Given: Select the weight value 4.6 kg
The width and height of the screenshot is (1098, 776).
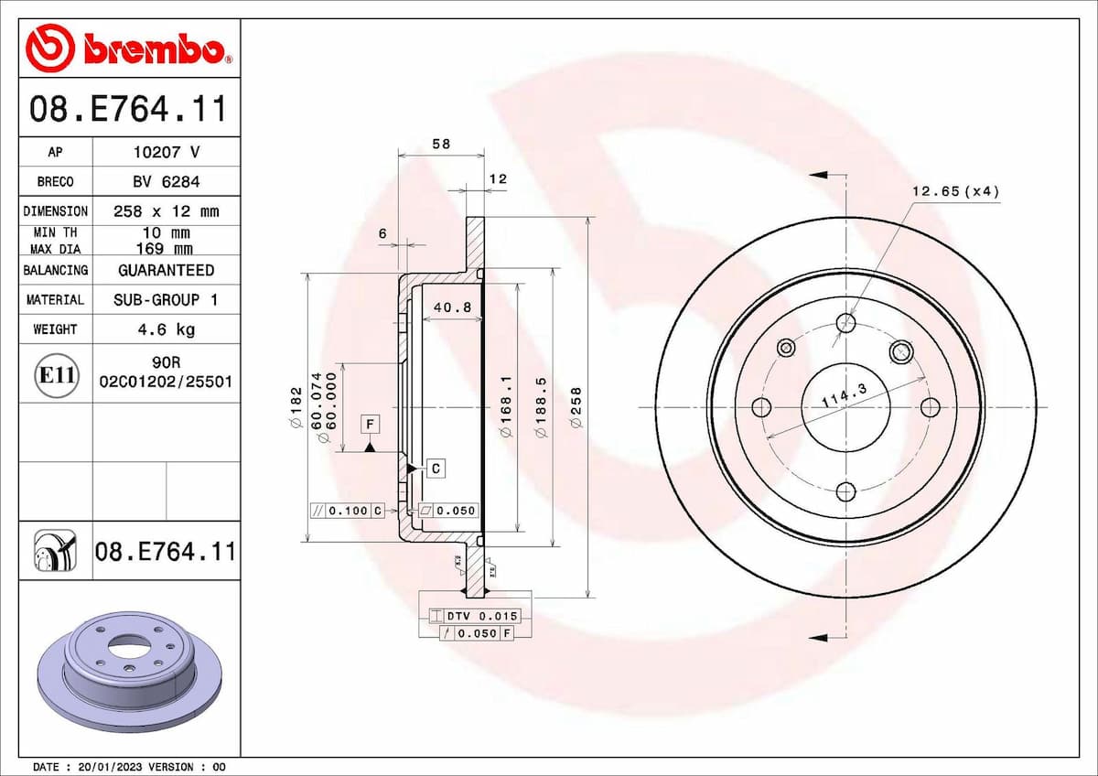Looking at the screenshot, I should pyautogui.click(x=166, y=329).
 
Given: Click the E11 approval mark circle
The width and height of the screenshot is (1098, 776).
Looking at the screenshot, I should pyautogui.click(x=56, y=373).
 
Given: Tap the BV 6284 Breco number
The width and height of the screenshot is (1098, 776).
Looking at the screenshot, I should pyautogui.click(x=166, y=181).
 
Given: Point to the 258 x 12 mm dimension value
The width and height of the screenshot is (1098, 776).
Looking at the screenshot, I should pyautogui.click(x=166, y=211).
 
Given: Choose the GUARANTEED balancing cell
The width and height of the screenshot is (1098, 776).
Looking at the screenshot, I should pyautogui.click(x=166, y=270).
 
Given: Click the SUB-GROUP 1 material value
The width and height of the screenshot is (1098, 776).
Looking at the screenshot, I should pyautogui.click(x=166, y=299).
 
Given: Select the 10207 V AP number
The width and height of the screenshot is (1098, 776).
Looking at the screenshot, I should pyautogui.click(x=166, y=152).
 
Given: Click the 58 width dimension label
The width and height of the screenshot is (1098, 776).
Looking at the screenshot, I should pyautogui.click(x=441, y=144).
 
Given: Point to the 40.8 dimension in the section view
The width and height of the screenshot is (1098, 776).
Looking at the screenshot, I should pyautogui.click(x=452, y=307).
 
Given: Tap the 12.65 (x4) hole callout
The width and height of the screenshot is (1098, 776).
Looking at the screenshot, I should pyautogui.click(x=955, y=191).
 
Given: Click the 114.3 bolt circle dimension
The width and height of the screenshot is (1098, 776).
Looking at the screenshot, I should pyautogui.click(x=843, y=397).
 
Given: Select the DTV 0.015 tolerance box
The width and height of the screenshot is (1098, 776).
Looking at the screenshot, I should pyautogui.click(x=481, y=616).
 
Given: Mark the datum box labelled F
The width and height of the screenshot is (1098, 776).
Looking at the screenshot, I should pyautogui.click(x=370, y=425).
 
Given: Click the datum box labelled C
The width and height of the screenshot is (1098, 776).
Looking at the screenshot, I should pyautogui.click(x=436, y=469).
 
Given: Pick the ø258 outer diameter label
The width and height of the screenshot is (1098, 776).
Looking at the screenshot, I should pyautogui.click(x=577, y=408).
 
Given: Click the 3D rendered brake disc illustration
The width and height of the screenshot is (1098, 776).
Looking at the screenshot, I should pyautogui.click(x=129, y=670).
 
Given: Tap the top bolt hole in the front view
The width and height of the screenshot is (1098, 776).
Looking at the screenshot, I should pyautogui.click(x=846, y=322).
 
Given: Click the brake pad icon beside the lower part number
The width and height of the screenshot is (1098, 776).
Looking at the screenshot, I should pyautogui.click(x=56, y=552).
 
